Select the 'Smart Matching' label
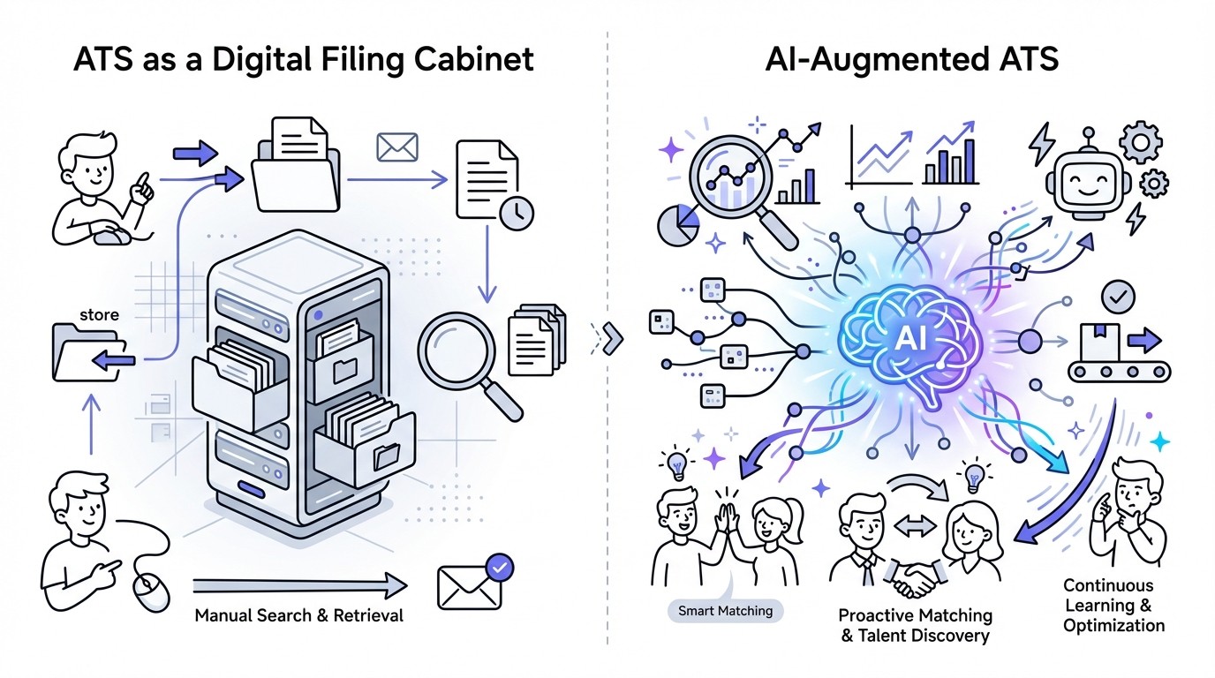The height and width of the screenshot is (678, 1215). [725, 610]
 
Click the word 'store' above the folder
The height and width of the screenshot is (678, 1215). [99, 315]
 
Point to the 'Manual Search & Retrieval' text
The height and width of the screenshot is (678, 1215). [298, 614]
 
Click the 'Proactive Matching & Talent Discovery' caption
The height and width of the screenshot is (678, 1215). [915, 625]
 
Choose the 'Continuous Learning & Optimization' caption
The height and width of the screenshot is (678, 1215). [1113, 605]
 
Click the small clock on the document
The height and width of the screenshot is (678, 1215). [516, 212]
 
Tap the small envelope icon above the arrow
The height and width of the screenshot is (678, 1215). [396, 147]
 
